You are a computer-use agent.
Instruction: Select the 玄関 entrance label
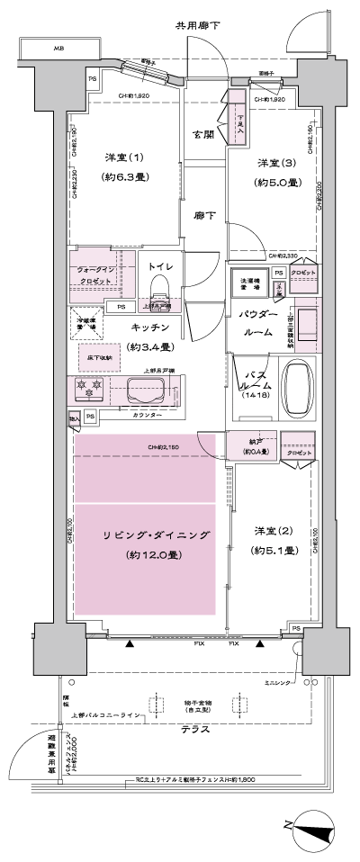[202, 134]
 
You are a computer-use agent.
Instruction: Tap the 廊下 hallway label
[204, 216]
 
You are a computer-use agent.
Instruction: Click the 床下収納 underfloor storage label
[98, 356]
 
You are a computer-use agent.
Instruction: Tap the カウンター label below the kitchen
[147, 415]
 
